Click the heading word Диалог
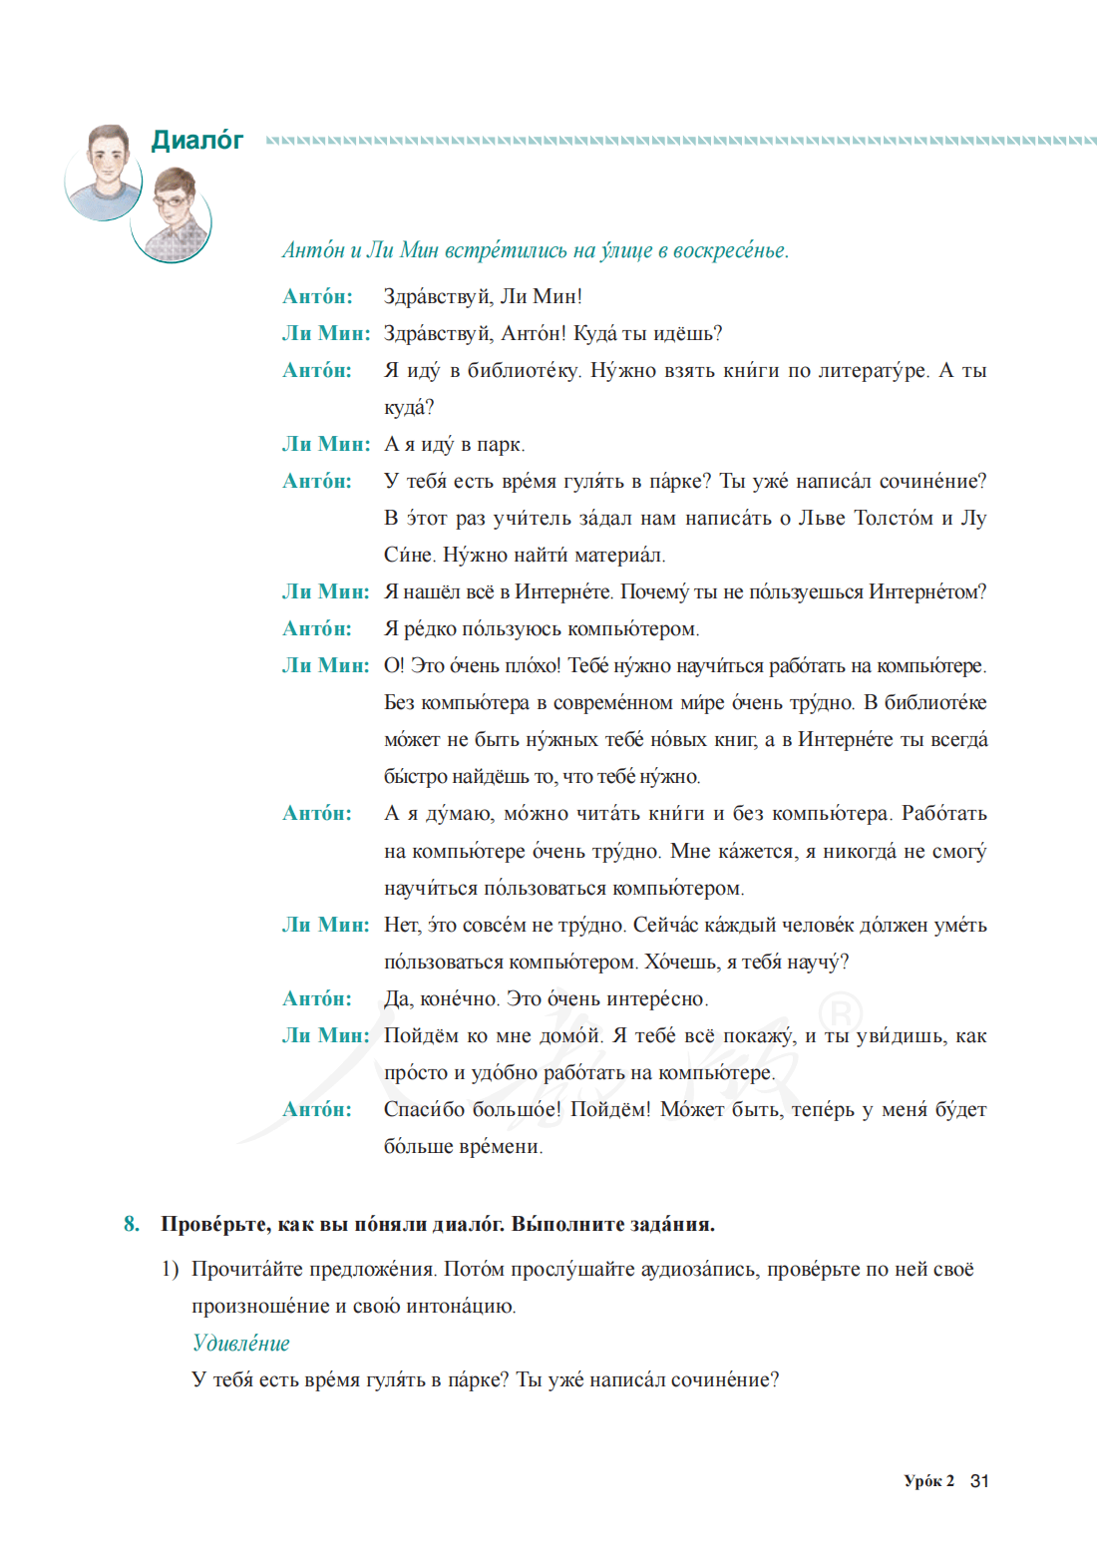pyautogui.click(x=197, y=141)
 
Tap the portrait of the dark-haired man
pyautogui.click(x=104, y=172)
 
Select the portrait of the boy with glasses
pyautogui.click(x=173, y=215)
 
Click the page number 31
pyautogui.click(x=979, y=1481)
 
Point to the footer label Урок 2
pyautogui.click(x=928, y=1481)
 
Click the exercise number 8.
pyautogui.click(x=132, y=1224)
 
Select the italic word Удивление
pyautogui.click(x=241, y=1344)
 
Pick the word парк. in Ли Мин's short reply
pyautogui.click(x=501, y=445)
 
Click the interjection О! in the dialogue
pyautogui.click(x=393, y=666)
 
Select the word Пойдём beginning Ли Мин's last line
pyautogui.click(x=422, y=1036)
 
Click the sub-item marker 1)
pyautogui.click(x=170, y=1270)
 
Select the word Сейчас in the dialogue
pyautogui.click(x=665, y=926)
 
